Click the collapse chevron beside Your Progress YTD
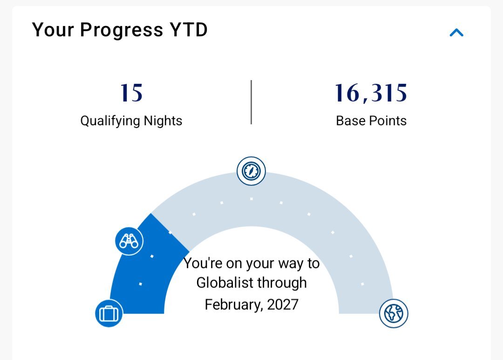[x=456, y=33]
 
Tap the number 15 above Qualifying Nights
[x=131, y=93]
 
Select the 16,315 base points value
[x=371, y=93]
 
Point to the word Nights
[x=163, y=121]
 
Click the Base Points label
[x=371, y=121]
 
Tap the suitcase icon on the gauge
[x=109, y=313]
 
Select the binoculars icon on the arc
[x=129, y=241]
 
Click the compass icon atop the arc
[x=251, y=171]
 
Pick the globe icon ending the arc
[x=394, y=313]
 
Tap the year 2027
[x=283, y=305]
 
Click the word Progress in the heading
[x=122, y=30]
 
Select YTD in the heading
[x=189, y=30]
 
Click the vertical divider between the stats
[x=251, y=102]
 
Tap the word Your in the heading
[x=53, y=30]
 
